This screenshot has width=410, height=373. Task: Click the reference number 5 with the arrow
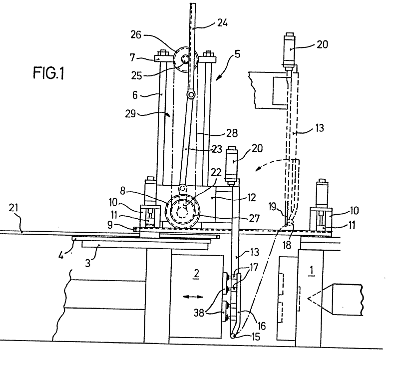pyautogui.click(x=237, y=54)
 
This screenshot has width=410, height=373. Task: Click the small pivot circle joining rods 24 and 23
pyautogui.click(x=190, y=94)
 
